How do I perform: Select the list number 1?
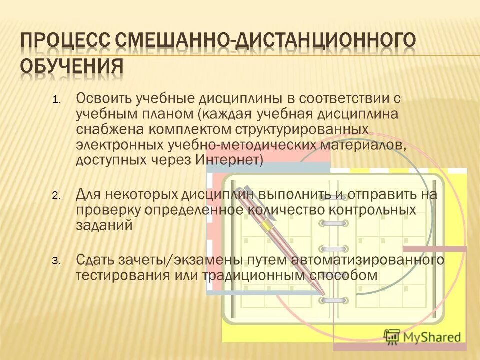pyautogui.click(x=55, y=100)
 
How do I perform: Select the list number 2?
pyautogui.click(x=55, y=196)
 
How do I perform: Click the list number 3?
pyautogui.click(x=55, y=261)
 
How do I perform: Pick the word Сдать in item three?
pyautogui.click(x=95, y=259)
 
